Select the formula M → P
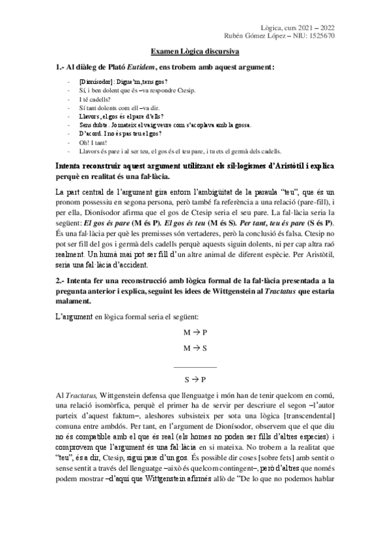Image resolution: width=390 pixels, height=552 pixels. [195, 333]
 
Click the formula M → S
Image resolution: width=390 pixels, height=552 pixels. [195, 348]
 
